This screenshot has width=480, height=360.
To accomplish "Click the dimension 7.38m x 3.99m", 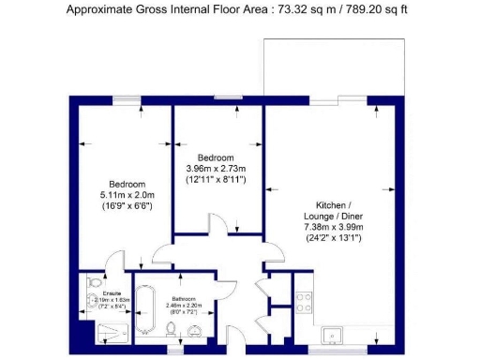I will [333, 228].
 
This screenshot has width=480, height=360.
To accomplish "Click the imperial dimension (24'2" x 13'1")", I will [333, 238].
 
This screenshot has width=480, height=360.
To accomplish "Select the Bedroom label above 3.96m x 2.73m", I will [215, 157].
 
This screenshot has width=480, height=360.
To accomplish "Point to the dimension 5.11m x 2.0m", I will [127, 194].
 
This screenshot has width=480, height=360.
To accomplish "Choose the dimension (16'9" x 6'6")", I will [127, 204].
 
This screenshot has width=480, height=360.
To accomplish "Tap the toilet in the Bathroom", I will [172, 328].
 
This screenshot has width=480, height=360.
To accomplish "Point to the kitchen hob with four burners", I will [304, 302].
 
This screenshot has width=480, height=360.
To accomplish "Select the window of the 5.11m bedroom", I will [126, 97].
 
